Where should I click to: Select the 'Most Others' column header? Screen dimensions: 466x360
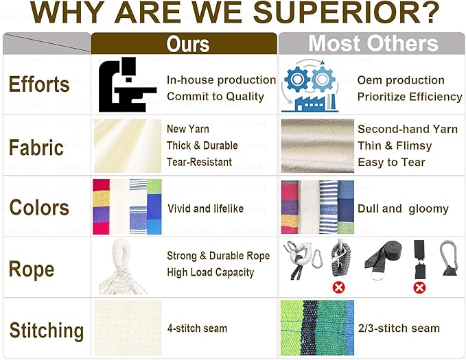[x=373, y=43]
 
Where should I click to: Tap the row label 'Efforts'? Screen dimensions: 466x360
[x=39, y=84]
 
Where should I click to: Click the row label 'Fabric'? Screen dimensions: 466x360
[x=36, y=147]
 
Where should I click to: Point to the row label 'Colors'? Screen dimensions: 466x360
[x=39, y=207]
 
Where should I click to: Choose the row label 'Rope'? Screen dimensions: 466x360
[x=32, y=269]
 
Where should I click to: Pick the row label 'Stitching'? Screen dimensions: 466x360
[x=47, y=331]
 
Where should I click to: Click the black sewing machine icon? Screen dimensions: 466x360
[x=127, y=84]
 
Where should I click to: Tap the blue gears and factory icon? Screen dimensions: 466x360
[x=310, y=86]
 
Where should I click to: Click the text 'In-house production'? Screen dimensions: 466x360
[x=222, y=80]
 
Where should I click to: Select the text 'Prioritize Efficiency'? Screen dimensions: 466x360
[x=410, y=97]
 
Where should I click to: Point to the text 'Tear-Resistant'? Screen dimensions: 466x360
[x=199, y=163]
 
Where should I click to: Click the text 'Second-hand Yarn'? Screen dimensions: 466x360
[x=408, y=129]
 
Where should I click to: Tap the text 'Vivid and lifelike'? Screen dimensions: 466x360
[x=205, y=208]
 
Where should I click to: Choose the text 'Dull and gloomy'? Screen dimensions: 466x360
[x=403, y=209]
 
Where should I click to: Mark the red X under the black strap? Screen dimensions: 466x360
[x=419, y=287]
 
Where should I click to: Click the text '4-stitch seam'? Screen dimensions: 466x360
[x=197, y=328]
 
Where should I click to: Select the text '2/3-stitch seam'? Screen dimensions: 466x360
[x=399, y=328]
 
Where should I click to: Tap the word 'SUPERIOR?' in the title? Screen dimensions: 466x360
[x=347, y=12]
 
